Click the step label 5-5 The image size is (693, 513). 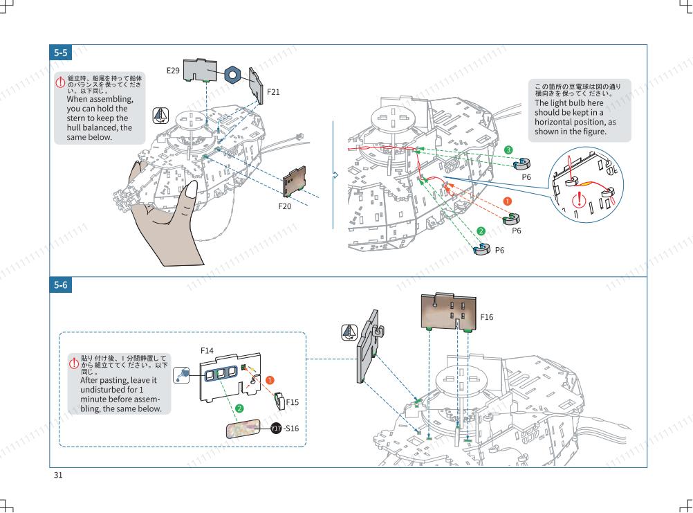pos(61,53)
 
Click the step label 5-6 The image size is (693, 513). pos(61,285)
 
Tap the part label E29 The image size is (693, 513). pos(173,71)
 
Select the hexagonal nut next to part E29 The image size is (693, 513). pos(232,75)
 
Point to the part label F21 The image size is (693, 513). pos(273,92)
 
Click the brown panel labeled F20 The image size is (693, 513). pos(295,181)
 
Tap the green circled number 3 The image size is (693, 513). pos(508,150)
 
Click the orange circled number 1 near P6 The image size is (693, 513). pos(508,201)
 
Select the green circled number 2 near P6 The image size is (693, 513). pos(481,231)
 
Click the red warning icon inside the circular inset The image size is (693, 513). pos(579,200)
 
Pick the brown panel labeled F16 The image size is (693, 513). pos(449,311)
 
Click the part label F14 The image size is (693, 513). pos(207,351)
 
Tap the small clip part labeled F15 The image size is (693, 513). pos(280,401)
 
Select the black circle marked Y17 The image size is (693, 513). pos(276,428)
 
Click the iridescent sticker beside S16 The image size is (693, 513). pos(243,429)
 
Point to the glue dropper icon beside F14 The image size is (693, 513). pos(181,375)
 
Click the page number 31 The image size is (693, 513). pos(58,475)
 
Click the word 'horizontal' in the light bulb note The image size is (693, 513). pos(556,122)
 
